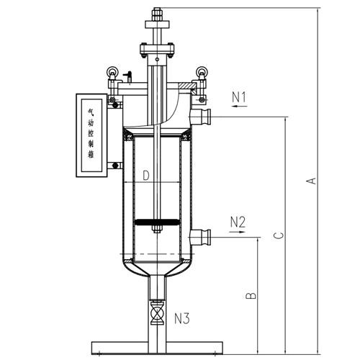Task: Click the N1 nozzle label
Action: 239,97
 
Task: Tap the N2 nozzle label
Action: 238,222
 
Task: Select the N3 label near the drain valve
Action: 181,319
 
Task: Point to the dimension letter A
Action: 312,181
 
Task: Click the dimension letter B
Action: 251,295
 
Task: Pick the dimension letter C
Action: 279,235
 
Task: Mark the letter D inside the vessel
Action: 146,176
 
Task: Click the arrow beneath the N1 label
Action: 239,106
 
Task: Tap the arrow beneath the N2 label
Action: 238,232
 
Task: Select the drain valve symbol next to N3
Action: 157,313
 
